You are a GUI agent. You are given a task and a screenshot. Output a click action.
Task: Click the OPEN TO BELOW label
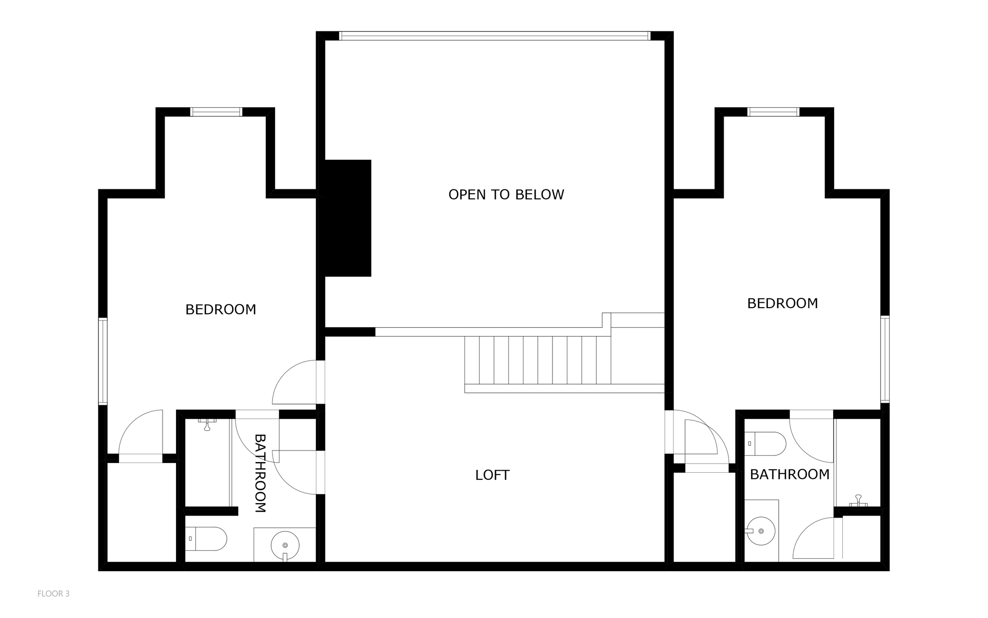[x=506, y=195]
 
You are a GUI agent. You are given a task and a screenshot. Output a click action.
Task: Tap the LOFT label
[x=492, y=475]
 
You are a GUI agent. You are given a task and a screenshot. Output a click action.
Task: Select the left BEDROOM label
[x=220, y=309]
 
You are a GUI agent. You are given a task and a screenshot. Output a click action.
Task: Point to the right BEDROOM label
[x=782, y=303]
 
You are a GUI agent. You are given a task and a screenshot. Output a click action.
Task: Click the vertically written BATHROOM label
[x=260, y=473]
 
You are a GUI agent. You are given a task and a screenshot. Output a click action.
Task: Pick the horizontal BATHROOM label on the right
[x=790, y=475]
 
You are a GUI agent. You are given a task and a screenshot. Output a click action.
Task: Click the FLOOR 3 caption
[x=54, y=594]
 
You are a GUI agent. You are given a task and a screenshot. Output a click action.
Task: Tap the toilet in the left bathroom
[x=206, y=539]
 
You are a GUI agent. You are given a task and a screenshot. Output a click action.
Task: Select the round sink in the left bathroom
[x=285, y=546]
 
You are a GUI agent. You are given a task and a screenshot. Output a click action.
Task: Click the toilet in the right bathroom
[x=766, y=444]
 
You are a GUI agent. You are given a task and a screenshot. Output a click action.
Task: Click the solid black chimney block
[x=348, y=218]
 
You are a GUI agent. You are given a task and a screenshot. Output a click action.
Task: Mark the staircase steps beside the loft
[x=538, y=360]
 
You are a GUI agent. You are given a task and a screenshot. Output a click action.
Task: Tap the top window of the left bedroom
[x=216, y=112]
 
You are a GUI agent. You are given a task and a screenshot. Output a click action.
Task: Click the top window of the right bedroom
[x=773, y=112]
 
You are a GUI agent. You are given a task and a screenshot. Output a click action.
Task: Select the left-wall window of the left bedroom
[x=103, y=361]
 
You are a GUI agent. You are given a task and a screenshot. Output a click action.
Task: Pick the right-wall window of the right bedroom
[x=885, y=359]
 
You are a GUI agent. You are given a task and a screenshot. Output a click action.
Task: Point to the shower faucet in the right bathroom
[x=858, y=501]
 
